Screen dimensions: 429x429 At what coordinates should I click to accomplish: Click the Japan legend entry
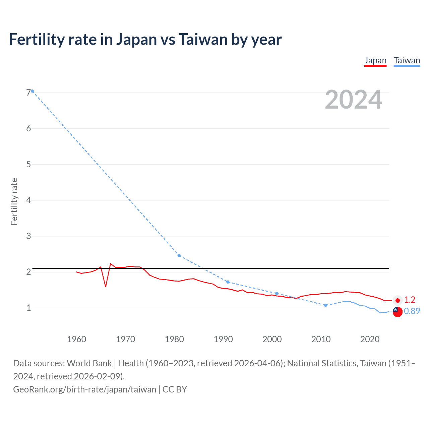[375, 61]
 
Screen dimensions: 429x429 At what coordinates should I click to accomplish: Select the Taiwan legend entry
[407, 61]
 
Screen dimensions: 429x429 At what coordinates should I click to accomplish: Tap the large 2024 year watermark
[353, 100]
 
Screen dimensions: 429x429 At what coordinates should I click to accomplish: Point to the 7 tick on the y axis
[28, 93]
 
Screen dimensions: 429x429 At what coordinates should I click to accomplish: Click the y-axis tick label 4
[28, 200]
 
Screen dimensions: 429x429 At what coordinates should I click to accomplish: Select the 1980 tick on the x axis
[174, 339]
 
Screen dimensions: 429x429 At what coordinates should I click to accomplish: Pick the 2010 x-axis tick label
[321, 339]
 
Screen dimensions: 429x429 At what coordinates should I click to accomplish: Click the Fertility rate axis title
[14, 201]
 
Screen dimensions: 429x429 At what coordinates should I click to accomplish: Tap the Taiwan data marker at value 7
[32, 91]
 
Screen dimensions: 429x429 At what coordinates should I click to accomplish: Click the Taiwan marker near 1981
[179, 255]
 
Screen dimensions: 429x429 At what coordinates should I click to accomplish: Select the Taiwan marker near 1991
[228, 282]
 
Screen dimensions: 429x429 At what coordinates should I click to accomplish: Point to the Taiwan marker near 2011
[325, 305]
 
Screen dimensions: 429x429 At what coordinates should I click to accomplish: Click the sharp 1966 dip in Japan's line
[106, 286]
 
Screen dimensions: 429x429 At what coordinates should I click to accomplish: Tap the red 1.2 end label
[410, 300]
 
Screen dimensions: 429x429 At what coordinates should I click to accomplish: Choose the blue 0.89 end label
[412, 311]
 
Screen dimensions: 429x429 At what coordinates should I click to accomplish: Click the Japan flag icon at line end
[397, 300]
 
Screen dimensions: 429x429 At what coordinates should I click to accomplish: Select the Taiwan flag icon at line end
[397, 311]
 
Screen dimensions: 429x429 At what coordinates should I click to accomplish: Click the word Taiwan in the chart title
[203, 40]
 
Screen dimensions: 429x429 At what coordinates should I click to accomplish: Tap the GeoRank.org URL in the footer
[84, 389]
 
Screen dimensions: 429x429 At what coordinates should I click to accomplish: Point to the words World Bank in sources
[89, 363]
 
